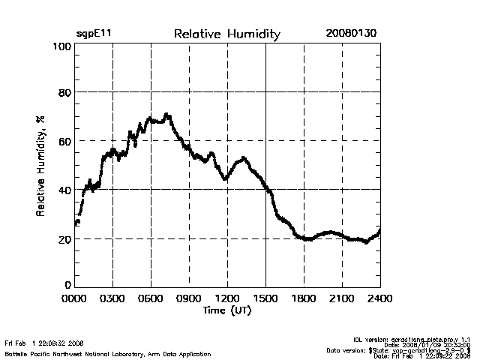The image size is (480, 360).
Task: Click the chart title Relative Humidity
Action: [226, 34]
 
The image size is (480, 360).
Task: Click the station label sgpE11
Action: [94, 34]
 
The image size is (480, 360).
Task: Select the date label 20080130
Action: [352, 34]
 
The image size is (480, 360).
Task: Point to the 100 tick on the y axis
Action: [62, 46]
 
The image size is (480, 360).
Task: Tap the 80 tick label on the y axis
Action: [65, 93]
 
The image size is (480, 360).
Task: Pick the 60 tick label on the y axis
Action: [65, 141]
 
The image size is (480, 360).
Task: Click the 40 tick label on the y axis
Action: [65, 190]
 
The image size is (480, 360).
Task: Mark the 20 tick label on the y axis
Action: [65, 238]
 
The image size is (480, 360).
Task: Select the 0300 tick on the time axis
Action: [112, 298]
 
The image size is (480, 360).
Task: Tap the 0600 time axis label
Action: [151, 298]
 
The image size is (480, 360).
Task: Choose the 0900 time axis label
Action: [189, 298]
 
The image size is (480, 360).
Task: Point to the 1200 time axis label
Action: [227, 298]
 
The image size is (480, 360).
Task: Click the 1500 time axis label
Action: [265, 298]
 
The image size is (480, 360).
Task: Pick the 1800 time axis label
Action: [304, 298]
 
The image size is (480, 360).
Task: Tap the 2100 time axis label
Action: [342, 298]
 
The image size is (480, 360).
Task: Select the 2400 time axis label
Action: [379, 298]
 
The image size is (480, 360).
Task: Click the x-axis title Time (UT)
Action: [226, 310]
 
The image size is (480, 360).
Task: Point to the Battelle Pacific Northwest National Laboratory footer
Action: [108, 353]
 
